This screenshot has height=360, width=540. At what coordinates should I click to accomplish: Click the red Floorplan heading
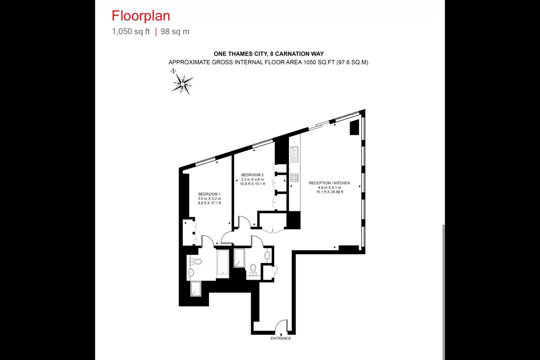(141, 16)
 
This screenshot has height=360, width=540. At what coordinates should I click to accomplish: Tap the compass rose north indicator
(182, 82)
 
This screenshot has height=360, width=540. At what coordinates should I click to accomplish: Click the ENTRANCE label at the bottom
(280, 338)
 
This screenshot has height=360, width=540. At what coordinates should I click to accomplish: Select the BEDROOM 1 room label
(209, 194)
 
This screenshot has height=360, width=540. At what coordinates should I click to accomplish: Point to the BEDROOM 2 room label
(252, 175)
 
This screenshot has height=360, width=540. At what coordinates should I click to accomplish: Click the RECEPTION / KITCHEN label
(329, 183)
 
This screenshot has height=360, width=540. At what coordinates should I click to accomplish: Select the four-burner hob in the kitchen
(294, 177)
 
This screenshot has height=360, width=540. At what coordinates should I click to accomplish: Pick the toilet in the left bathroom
(197, 261)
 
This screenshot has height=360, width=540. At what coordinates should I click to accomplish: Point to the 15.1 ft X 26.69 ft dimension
(329, 192)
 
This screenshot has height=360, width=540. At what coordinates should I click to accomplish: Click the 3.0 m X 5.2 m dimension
(209, 198)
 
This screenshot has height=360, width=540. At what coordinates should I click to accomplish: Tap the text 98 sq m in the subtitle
(175, 31)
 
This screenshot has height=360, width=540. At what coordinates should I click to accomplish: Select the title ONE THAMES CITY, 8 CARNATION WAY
(268, 54)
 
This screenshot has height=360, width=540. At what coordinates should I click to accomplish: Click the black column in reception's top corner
(354, 128)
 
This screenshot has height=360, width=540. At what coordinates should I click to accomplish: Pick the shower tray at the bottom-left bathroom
(195, 288)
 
